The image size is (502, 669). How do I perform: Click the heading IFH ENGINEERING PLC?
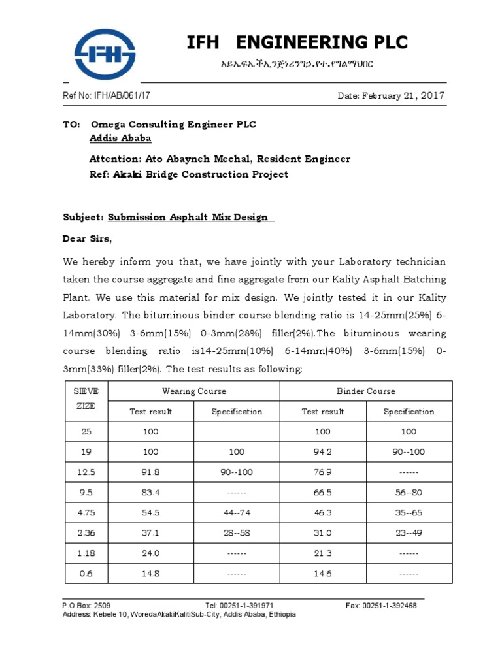pos(297,42)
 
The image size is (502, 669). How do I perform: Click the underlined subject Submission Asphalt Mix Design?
pos(188,217)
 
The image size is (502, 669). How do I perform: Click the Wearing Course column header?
pos(194,391)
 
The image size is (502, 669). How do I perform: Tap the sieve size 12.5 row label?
pos(86,472)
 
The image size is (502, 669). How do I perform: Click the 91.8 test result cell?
pos(150,472)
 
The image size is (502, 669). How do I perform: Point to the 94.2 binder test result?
pos(322,452)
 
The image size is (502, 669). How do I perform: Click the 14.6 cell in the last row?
pos(322,574)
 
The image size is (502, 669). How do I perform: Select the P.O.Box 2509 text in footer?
pos(82,606)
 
